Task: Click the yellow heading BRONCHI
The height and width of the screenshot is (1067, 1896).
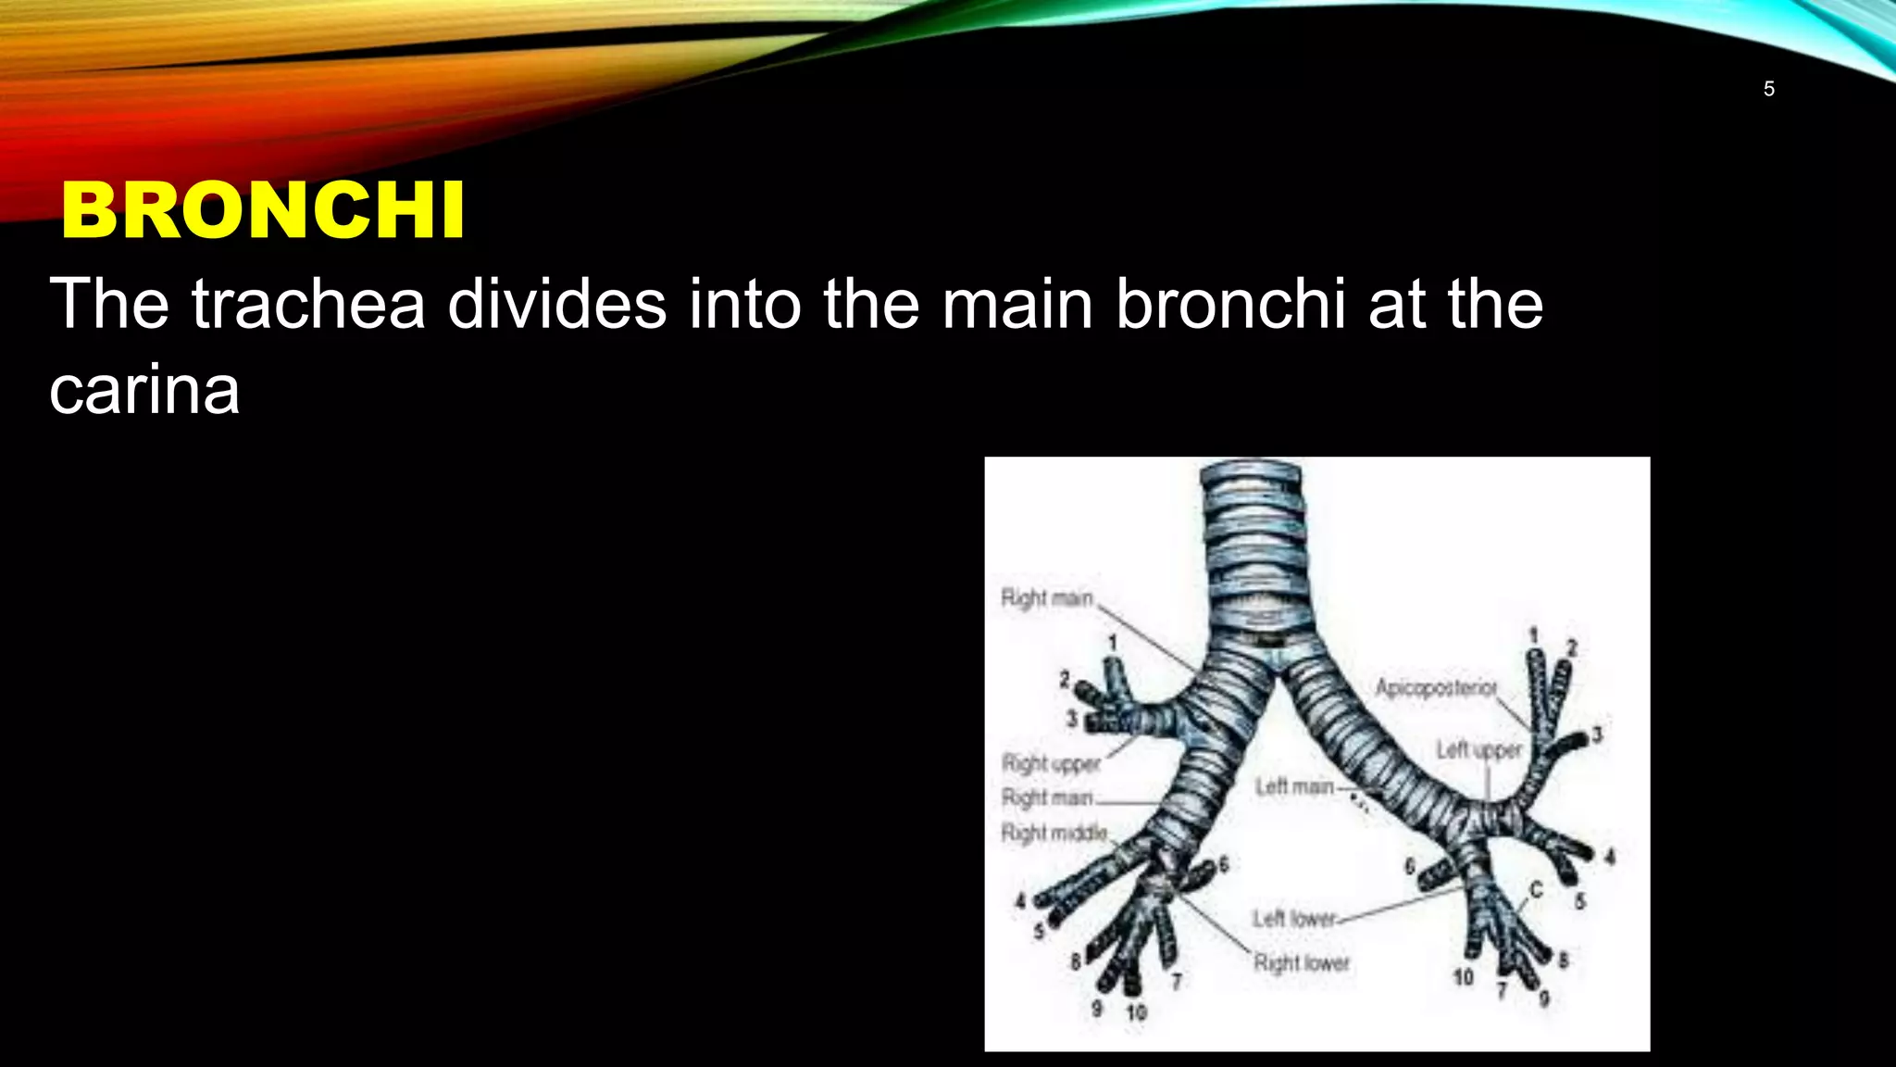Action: coord(263,210)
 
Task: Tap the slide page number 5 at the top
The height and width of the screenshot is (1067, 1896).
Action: coord(1768,89)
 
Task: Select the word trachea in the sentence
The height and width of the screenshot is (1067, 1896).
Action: coord(308,303)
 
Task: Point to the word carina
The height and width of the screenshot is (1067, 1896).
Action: coord(144,389)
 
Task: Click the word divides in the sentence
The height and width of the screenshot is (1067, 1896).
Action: coord(556,303)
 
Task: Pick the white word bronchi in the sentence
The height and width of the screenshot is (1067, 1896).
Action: coord(1230,303)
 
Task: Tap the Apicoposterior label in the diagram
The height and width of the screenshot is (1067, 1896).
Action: coord(1435,687)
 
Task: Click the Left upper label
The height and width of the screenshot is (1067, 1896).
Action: coord(1478,749)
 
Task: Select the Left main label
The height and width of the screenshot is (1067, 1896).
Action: coord(1294,786)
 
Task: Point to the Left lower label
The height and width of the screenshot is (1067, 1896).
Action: coord(1294,918)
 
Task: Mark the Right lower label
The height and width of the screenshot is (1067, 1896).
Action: coord(1302,963)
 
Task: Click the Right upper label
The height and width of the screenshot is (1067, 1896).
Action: coord(1051,763)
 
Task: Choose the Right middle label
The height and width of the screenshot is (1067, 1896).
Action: coord(1054,833)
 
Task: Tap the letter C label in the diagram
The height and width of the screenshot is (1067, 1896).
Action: coord(1536,890)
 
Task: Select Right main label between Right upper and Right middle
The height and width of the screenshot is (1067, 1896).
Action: coord(1047,797)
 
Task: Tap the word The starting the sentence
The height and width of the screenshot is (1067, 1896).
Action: coord(109,303)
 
